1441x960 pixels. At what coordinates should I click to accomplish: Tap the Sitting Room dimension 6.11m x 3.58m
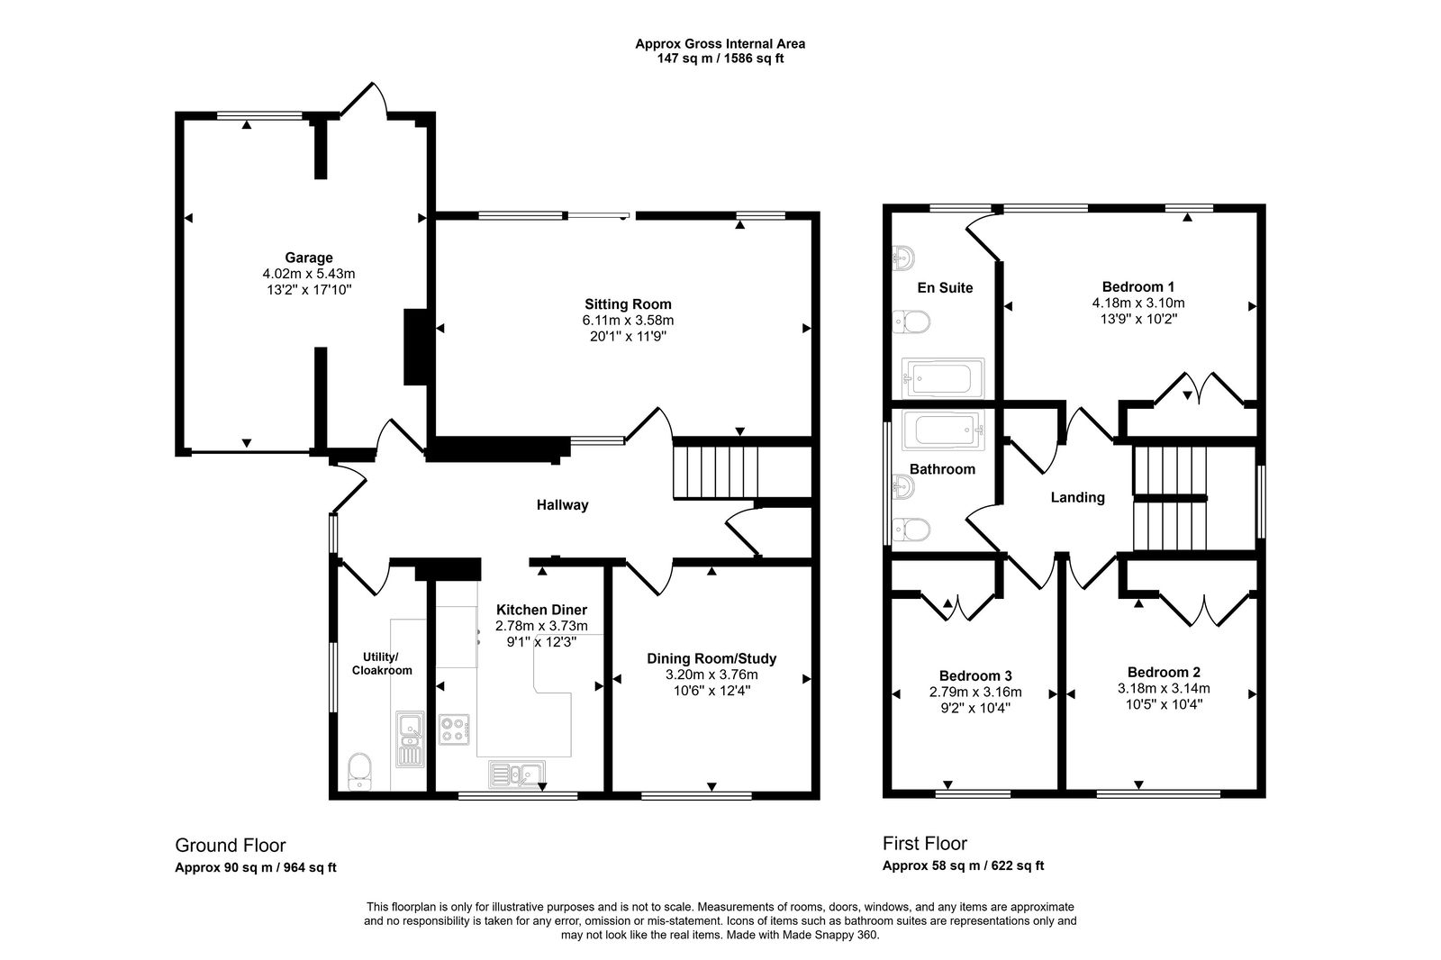click(x=628, y=320)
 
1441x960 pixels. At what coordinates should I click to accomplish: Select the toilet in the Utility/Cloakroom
click(x=359, y=770)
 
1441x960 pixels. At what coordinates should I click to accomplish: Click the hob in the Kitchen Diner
click(x=454, y=729)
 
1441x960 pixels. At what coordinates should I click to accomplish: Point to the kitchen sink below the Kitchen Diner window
click(x=516, y=773)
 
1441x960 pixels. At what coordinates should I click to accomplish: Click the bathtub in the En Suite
click(x=942, y=378)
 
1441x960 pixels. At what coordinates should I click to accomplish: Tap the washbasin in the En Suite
click(x=902, y=258)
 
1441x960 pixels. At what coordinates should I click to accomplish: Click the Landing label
click(x=1077, y=497)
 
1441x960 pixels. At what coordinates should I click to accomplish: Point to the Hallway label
click(x=562, y=505)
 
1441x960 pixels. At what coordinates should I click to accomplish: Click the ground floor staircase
click(x=717, y=468)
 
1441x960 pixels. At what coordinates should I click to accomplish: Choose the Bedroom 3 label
click(x=975, y=675)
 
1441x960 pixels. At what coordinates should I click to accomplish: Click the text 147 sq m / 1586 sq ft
click(x=720, y=59)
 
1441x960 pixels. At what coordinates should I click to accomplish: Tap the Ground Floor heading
click(x=230, y=845)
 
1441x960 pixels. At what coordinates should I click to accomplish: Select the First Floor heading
click(x=924, y=843)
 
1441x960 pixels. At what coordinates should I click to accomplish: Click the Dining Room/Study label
click(x=711, y=658)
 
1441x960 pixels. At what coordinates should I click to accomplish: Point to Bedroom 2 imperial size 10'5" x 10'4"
click(x=1164, y=704)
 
